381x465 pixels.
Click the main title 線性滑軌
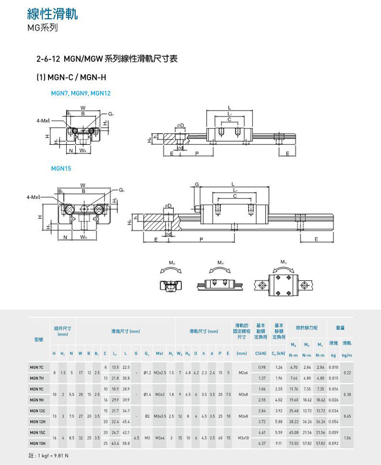coord(52,14)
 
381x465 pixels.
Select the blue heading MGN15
coord(61,168)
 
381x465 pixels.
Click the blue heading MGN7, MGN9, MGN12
coord(80,93)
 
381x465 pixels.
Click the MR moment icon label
coord(171,263)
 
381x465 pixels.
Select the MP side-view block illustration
coord(220,285)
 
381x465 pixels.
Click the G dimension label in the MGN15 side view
coord(196,184)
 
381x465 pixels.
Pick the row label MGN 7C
coord(36,367)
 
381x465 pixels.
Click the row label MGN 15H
coord(36,443)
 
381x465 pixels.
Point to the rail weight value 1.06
coord(347,438)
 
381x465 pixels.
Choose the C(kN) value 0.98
coord(261,367)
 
